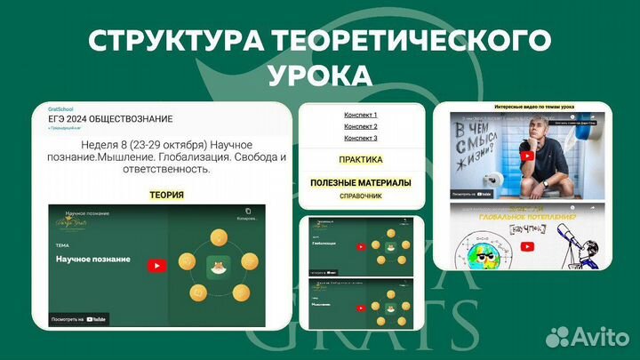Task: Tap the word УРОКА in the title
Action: [x=319, y=75]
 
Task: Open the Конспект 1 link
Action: [x=360, y=115]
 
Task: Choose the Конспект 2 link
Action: [x=360, y=126]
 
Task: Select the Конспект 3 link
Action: [x=360, y=138]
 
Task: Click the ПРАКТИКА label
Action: [x=360, y=160]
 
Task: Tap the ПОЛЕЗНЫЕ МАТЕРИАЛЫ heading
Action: [x=360, y=182]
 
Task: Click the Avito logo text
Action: [x=597, y=335]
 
